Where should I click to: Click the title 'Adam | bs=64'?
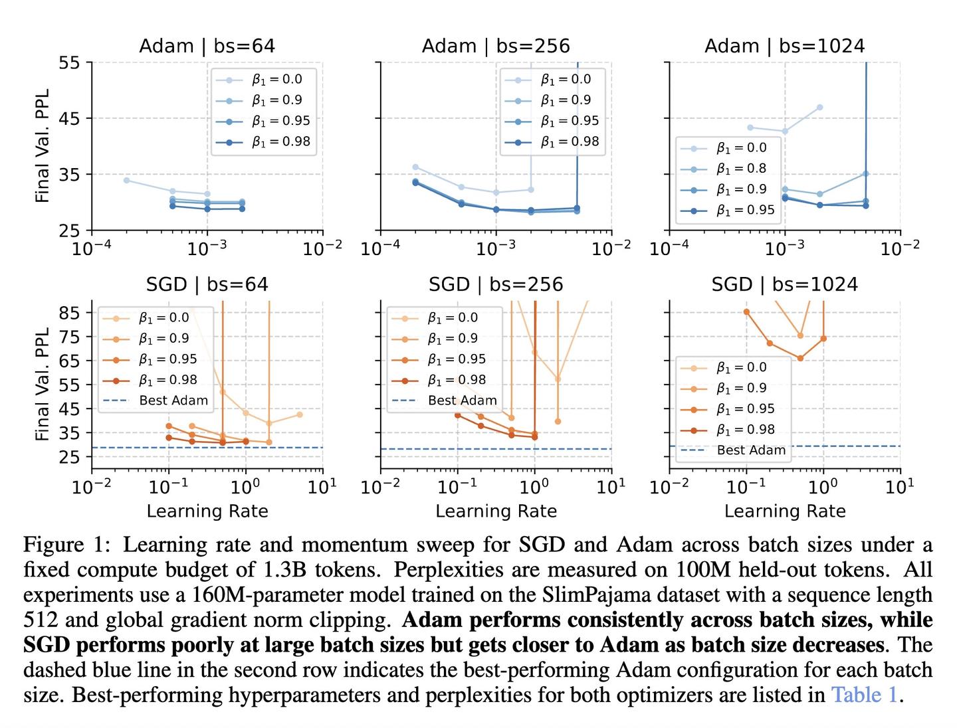pyautogui.click(x=207, y=46)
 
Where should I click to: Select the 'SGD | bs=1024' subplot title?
pyautogui.click(x=784, y=284)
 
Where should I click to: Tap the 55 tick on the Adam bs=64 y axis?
pyautogui.click(x=69, y=63)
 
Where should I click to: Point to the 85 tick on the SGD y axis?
pyautogui.click(x=69, y=313)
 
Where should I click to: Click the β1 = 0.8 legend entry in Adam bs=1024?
pyautogui.click(x=741, y=169)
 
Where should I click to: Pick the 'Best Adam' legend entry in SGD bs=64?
pyautogui.click(x=173, y=401)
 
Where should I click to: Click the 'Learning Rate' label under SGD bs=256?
pyautogui.click(x=496, y=511)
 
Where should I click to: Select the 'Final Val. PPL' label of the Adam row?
pyautogui.click(x=43, y=146)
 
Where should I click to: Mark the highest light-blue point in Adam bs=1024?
pyautogui.click(x=819, y=107)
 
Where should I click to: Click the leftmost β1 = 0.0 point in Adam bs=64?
pyautogui.click(x=126, y=180)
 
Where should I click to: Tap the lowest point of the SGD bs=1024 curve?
pyautogui.click(x=800, y=358)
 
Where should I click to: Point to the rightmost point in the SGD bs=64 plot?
pyautogui.click(x=300, y=414)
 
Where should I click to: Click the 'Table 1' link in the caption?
pyautogui.click(x=864, y=695)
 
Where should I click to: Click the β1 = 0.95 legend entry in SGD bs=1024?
pyautogui.click(x=745, y=409)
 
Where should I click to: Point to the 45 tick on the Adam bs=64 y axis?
pyautogui.click(x=69, y=119)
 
